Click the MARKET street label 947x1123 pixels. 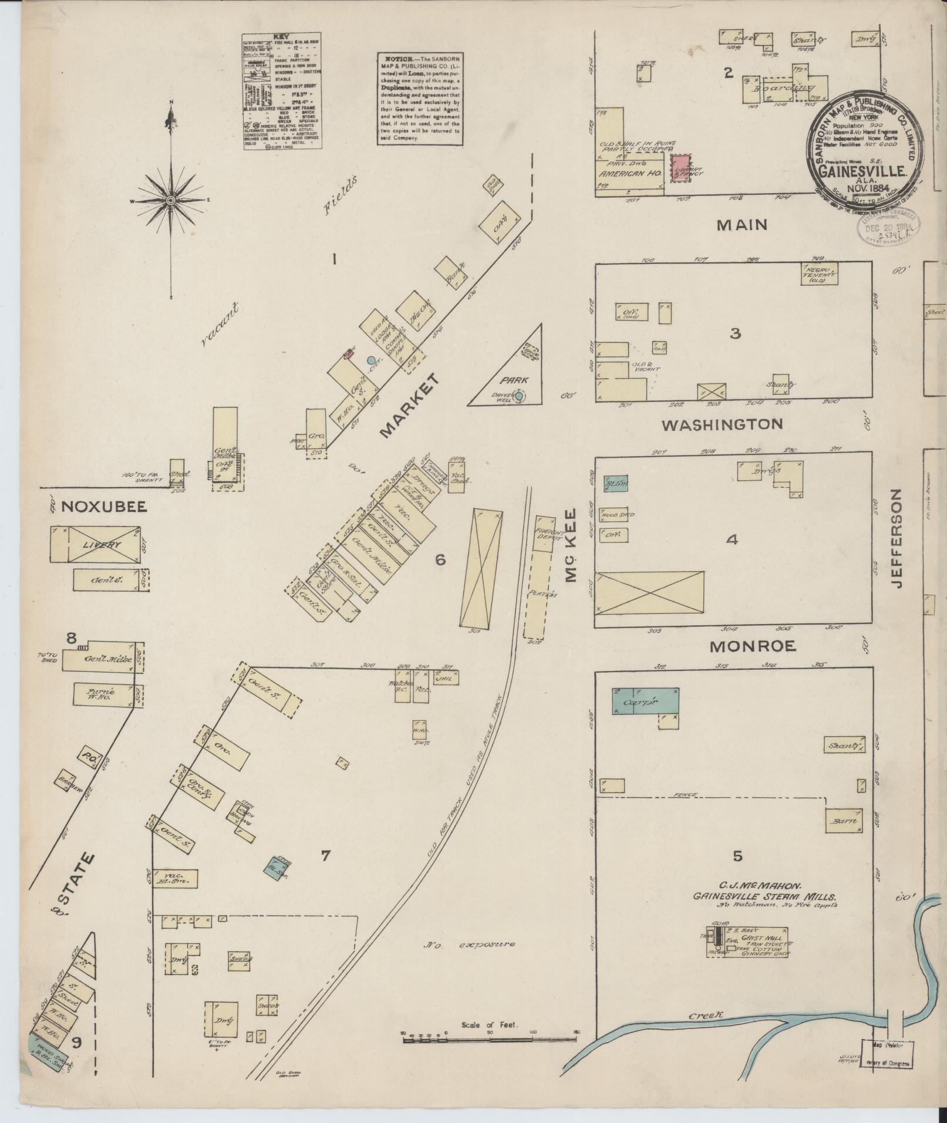point(410,406)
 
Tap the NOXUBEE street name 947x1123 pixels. point(95,507)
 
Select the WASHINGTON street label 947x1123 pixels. point(722,424)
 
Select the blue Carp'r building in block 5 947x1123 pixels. point(645,701)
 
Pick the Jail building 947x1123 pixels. point(446,677)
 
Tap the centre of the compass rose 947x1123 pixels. point(170,201)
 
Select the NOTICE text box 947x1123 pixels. point(419,99)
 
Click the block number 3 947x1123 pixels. point(735,333)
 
